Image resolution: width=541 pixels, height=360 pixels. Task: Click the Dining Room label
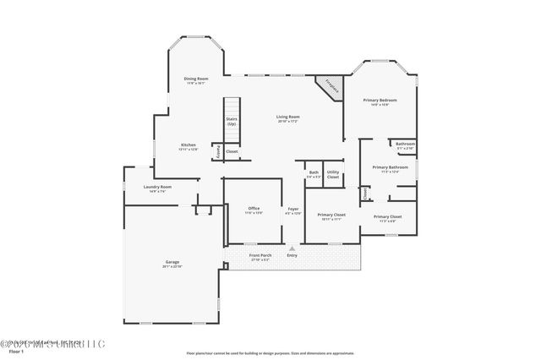pyautogui.click(x=195, y=81)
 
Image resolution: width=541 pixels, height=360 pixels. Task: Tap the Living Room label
pyautogui.click(x=288, y=119)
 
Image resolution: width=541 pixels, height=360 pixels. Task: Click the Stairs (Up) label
pyautogui.click(x=231, y=121)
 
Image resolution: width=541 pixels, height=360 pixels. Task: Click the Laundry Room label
pyautogui.click(x=158, y=188)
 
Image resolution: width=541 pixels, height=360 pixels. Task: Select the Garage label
pyautogui.click(x=172, y=265)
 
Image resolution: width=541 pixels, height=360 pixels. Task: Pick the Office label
pyautogui.click(x=254, y=210)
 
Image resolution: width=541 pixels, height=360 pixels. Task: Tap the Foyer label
pyautogui.click(x=293, y=210)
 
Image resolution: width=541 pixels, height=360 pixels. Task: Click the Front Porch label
pyautogui.click(x=260, y=256)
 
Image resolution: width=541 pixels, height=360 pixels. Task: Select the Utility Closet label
pyautogui.click(x=333, y=174)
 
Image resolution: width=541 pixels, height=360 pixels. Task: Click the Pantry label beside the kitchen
pyautogui.click(x=219, y=151)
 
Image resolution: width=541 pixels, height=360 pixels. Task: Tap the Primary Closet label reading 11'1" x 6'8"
pyautogui.click(x=387, y=219)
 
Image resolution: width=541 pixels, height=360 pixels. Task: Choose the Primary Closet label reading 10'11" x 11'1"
pyautogui.click(x=331, y=217)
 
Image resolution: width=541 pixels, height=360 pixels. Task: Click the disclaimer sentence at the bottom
pyautogui.click(x=269, y=352)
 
